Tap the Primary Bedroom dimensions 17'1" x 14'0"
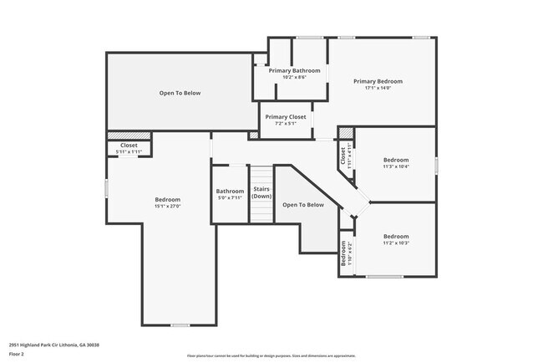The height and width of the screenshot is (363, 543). (378, 88)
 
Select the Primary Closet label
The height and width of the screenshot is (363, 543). (286, 117)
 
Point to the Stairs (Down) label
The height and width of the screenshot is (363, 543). (262, 192)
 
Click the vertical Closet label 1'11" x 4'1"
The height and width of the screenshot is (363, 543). (343, 156)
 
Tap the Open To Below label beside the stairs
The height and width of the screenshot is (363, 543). (302, 204)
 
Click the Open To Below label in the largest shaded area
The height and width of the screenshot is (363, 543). (180, 93)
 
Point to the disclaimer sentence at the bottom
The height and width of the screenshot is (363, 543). (271, 355)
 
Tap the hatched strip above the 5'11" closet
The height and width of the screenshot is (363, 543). (129, 135)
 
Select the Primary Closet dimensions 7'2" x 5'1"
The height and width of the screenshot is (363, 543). (286, 124)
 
